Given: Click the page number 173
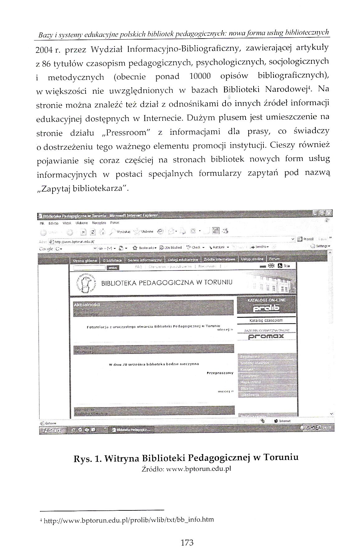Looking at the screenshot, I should [187, 542].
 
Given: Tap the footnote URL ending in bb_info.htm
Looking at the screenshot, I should [129, 519].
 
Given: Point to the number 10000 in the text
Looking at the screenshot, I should [200, 76].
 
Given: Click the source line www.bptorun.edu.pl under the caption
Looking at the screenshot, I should [186, 469].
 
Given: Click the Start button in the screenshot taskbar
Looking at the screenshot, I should [52, 430].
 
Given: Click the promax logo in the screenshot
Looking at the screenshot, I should [266, 336].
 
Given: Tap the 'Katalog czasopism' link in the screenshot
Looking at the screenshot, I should [266, 320].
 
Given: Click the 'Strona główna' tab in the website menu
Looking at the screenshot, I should [85, 260].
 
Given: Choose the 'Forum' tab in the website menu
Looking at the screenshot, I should [274, 259].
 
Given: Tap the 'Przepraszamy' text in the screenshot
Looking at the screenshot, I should [220, 373].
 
